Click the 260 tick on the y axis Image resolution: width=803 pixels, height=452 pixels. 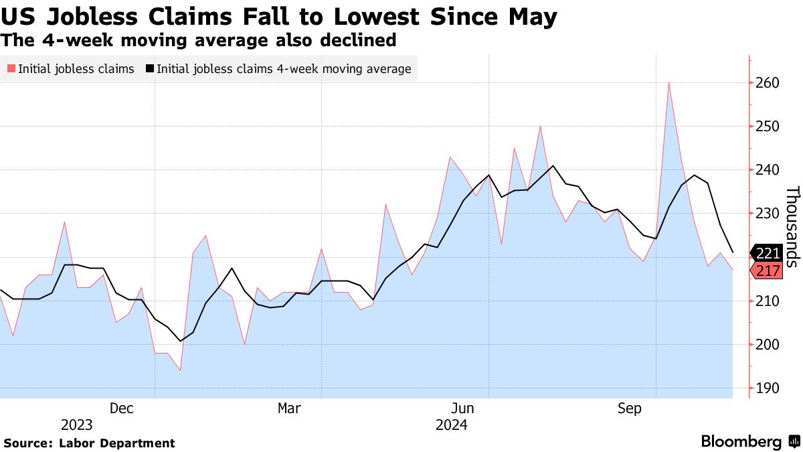click(x=768, y=83)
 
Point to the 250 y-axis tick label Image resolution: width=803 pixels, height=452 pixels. click(x=768, y=127)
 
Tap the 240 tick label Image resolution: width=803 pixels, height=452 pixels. click(x=768, y=170)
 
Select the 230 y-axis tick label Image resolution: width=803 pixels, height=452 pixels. click(x=768, y=214)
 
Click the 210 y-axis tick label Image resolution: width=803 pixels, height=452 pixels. click(x=768, y=301)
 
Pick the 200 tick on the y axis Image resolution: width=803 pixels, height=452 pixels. click(x=768, y=345)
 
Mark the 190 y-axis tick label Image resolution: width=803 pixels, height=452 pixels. click(x=768, y=388)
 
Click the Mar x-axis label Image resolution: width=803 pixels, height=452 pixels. click(x=289, y=408)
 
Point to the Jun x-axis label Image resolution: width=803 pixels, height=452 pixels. click(x=463, y=408)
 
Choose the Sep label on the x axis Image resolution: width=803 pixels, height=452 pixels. click(x=630, y=408)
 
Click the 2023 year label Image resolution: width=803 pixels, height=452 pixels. click(x=77, y=425)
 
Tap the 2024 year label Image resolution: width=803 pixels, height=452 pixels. click(x=451, y=425)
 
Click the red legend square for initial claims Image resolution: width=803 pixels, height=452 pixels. click(x=11, y=69)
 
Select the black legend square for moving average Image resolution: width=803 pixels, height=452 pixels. click(x=149, y=69)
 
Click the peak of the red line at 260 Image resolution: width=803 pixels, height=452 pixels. click(x=668, y=83)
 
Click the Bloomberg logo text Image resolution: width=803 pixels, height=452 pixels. click(x=741, y=442)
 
